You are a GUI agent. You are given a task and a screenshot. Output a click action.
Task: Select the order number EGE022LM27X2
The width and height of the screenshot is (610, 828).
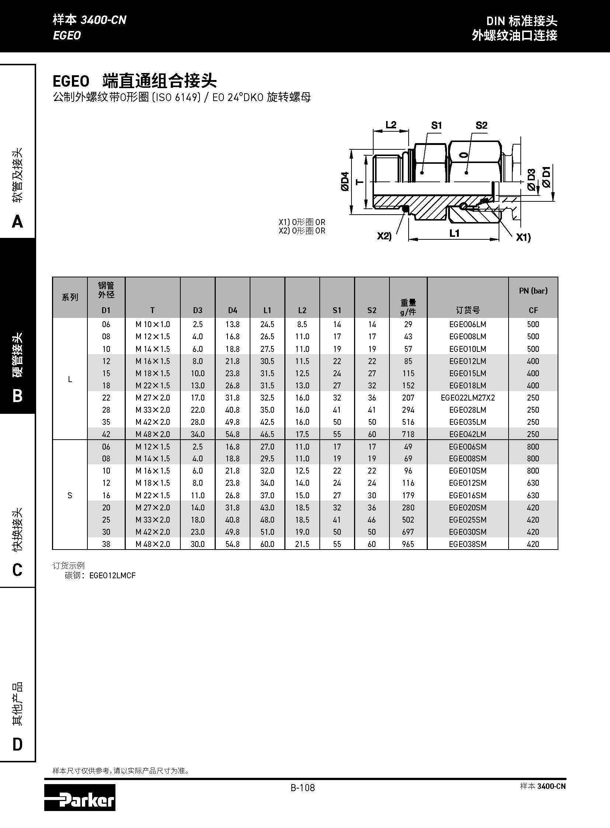pyautogui.click(x=468, y=398)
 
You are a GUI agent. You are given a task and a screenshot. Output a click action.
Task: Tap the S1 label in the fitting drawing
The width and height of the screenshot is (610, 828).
pyautogui.click(x=436, y=125)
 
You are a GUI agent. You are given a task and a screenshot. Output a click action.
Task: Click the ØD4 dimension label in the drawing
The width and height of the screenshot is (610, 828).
pyautogui.click(x=345, y=181)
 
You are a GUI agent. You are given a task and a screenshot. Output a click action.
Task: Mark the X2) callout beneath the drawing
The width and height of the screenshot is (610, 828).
pyautogui.click(x=384, y=236)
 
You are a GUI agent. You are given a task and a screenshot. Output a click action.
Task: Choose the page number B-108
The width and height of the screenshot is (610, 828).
pyautogui.click(x=303, y=788)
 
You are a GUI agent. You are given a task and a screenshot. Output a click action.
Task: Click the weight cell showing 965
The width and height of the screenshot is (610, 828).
pyautogui.click(x=408, y=544)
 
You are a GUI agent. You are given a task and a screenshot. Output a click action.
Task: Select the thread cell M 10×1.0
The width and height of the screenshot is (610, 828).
pyautogui.click(x=153, y=324)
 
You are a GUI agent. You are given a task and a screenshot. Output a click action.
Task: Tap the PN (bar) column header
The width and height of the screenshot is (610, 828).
pyautogui.click(x=533, y=291)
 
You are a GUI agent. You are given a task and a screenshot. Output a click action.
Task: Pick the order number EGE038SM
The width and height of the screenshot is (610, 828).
pyautogui.click(x=468, y=544)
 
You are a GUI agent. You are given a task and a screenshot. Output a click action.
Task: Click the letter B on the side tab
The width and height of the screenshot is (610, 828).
pyautogui.click(x=17, y=395)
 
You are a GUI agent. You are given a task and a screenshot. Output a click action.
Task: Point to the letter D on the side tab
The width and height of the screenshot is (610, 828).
pyautogui.click(x=17, y=744)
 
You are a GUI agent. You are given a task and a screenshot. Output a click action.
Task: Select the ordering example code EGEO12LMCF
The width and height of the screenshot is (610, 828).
pyautogui.click(x=112, y=575)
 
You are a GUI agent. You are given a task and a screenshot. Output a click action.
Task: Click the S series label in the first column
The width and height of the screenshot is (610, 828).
pyautogui.click(x=70, y=495)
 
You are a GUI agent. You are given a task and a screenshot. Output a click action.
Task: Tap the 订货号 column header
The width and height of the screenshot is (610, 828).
pyautogui.click(x=468, y=310)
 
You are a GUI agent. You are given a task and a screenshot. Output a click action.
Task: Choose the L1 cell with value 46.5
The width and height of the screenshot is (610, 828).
pyautogui.click(x=267, y=434)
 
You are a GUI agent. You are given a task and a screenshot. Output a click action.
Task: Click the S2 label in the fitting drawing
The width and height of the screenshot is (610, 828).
pyautogui.click(x=481, y=125)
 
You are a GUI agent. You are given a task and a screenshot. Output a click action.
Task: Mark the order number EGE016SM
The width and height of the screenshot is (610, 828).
pyautogui.click(x=468, y=495)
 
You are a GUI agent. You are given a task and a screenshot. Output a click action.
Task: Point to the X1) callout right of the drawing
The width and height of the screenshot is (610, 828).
pyautogui.click(x=523, y=237)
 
